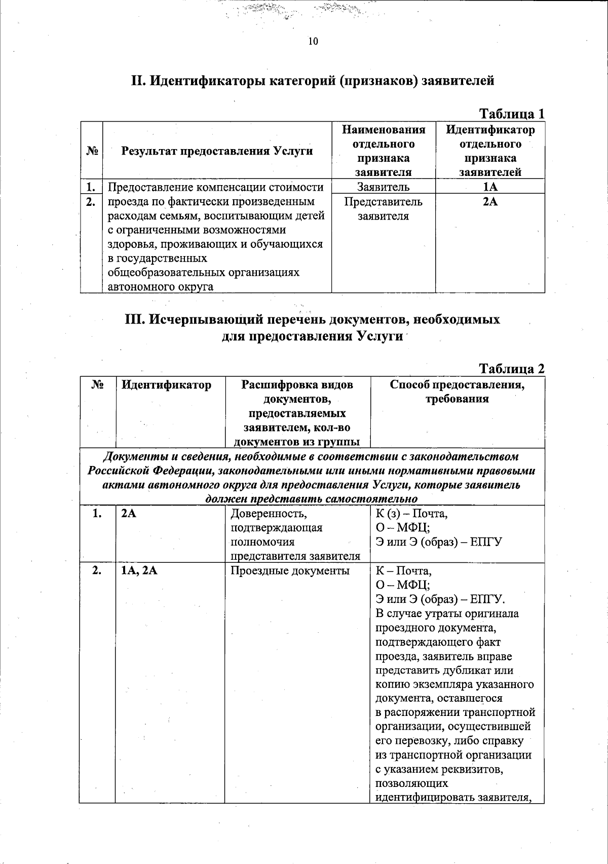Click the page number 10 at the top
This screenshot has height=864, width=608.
tap(313, 42)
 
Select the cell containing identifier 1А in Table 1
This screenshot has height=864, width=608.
tap(490, 187)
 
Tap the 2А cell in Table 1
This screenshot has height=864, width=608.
tap(490, 202)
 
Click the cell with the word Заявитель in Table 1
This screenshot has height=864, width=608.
tap(383, 187)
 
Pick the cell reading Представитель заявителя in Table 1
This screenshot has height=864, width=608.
tap(383, 209)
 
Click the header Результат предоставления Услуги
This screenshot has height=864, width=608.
tap(217, 151)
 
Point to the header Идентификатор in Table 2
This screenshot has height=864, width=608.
tap(166, 385)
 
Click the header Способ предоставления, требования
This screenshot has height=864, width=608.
tap(457, 391)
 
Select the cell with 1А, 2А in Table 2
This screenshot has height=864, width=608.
tap(139, 571)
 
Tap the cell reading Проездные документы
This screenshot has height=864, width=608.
tap(290, 571)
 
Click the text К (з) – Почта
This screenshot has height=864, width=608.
tap(411, 514)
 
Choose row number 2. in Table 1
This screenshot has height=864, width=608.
tap(91, 202)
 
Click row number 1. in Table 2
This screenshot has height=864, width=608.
tap(97, 514)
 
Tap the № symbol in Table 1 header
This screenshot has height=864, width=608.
tap(91, 151)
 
